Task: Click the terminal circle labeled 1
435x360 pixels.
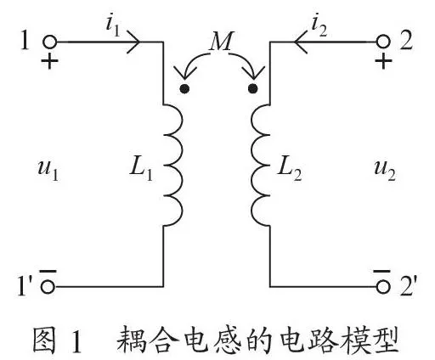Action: point(50,42)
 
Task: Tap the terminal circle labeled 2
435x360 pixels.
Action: point(384,42)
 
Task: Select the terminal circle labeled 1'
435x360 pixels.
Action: point(48,287)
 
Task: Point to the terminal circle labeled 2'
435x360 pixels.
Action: point(384,287)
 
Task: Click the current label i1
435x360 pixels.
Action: point(113,27)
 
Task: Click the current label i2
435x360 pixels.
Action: point(319,27)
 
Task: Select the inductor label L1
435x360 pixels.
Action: point(141,171)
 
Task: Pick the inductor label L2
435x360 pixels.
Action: point(290,171)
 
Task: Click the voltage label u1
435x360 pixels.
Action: point(48,171)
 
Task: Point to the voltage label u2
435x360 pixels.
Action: point(385,171)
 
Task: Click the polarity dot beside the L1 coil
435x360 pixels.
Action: point(184,89)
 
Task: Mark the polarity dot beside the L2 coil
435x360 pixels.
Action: point(253,89)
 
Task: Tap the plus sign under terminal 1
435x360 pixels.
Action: point(50,60)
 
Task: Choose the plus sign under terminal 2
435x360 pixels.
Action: point(383,60)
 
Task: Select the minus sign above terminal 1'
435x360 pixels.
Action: point(48,272)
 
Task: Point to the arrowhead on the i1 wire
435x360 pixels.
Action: point(133,42)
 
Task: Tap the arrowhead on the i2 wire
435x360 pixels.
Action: point(301,42)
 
